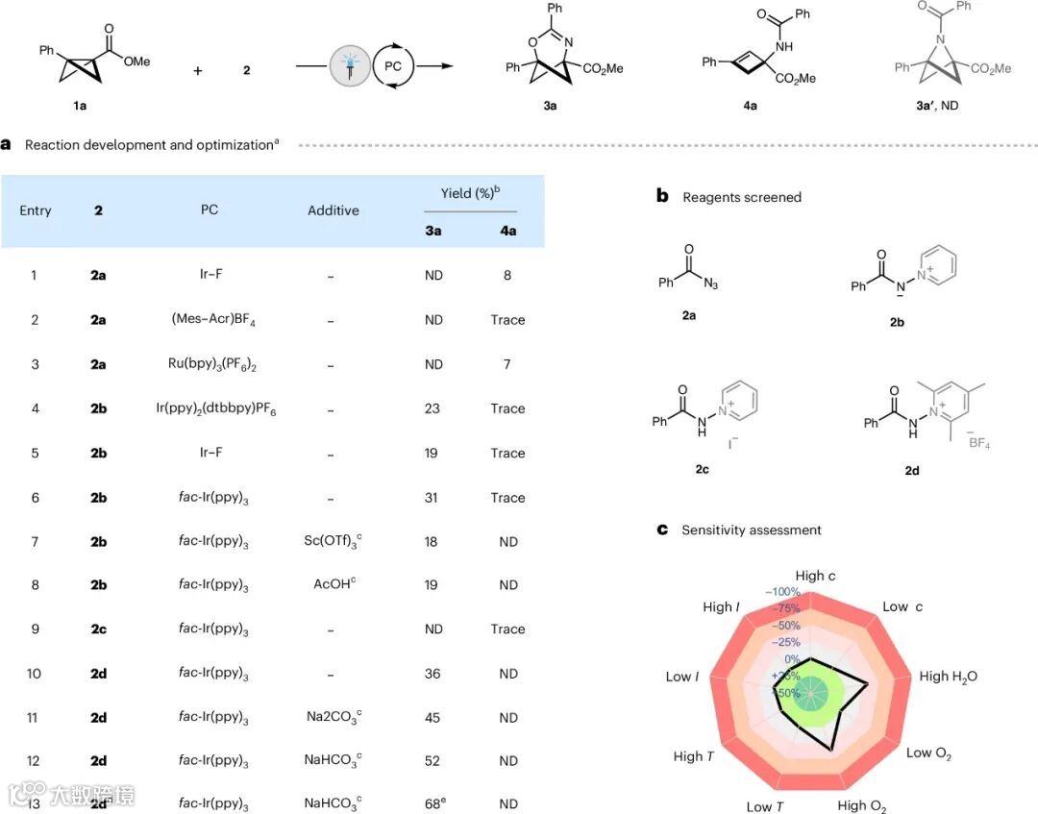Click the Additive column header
pyautogui.click(x=334, y=210)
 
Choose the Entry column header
pyautogui.click(x=36, y=210)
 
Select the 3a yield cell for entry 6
pyautogui.click(x=432, y=498)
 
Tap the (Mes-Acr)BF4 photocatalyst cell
pyautogui.click(x=210, y=320)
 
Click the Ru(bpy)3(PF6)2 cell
pyautogui.click(x=210, y=364)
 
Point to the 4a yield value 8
pyautogui.click(x=507, y=276)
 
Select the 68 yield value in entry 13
pyautogui.click(x=434, y=803)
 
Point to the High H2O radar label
pyautogui.click(x=948, y=676)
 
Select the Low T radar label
pyautogui.click(x=765, y=805)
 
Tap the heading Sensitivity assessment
pyautogui.click(x=751, y=530)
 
